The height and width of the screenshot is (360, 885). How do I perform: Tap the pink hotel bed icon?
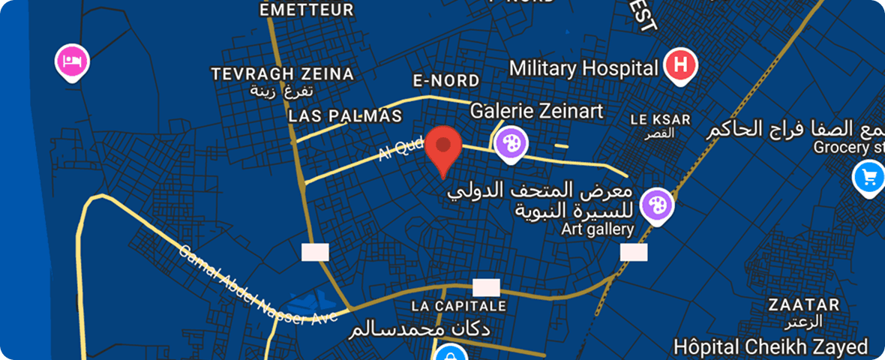tap(73, 59)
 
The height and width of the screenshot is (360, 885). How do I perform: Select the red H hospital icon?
tap(680, 64)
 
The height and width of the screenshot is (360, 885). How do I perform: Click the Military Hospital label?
tap(583, 68)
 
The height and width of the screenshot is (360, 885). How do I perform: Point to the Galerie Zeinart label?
tap(536, 111)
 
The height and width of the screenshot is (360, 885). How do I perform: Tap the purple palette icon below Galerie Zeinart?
tap(510, 141)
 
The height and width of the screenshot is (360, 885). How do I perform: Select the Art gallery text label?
tap(598, 229)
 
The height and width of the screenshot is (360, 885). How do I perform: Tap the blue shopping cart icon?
tap(869, 178)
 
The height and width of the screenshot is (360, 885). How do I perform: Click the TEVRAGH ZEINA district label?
tap(282, 73)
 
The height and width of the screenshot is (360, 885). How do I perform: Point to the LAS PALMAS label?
tap(345, 116)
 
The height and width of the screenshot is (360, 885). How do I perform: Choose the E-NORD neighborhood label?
tap(445, 80)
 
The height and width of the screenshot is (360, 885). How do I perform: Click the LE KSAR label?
tap(660, 119)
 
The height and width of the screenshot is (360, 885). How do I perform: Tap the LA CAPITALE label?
tap(459, 306)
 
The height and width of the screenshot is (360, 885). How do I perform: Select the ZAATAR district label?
tap(803, 305)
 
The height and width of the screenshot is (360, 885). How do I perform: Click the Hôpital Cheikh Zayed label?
tap(770, 346)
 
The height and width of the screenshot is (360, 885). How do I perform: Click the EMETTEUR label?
tap(306, 10)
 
